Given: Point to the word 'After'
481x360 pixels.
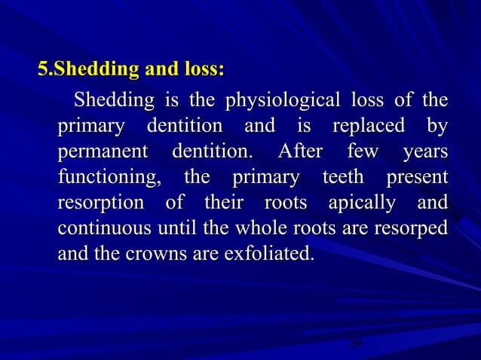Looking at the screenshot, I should coord(300,152).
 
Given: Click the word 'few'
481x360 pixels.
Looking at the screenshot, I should coord(362,152).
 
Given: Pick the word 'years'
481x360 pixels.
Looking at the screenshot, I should coord(425,152).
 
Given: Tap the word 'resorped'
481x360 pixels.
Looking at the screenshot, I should coord(411,229).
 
